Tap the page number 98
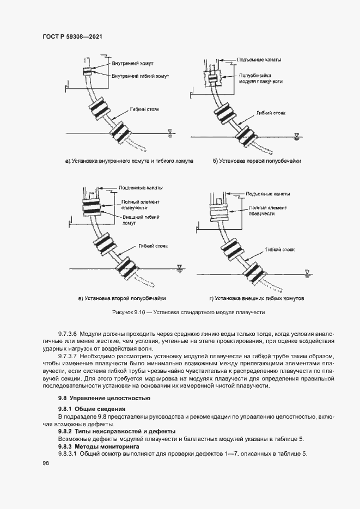[x=46, y=463]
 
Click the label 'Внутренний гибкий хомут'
[x=140, y=76]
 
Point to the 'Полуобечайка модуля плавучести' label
[x=259, y=77]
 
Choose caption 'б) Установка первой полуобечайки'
[x=257, y=162]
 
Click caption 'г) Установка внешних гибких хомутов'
[x=257, y=299]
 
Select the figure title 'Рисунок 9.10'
[x=130, y=313]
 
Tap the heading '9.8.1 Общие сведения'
[x=92, y=408]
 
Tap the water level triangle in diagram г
[x=308, y=271]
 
